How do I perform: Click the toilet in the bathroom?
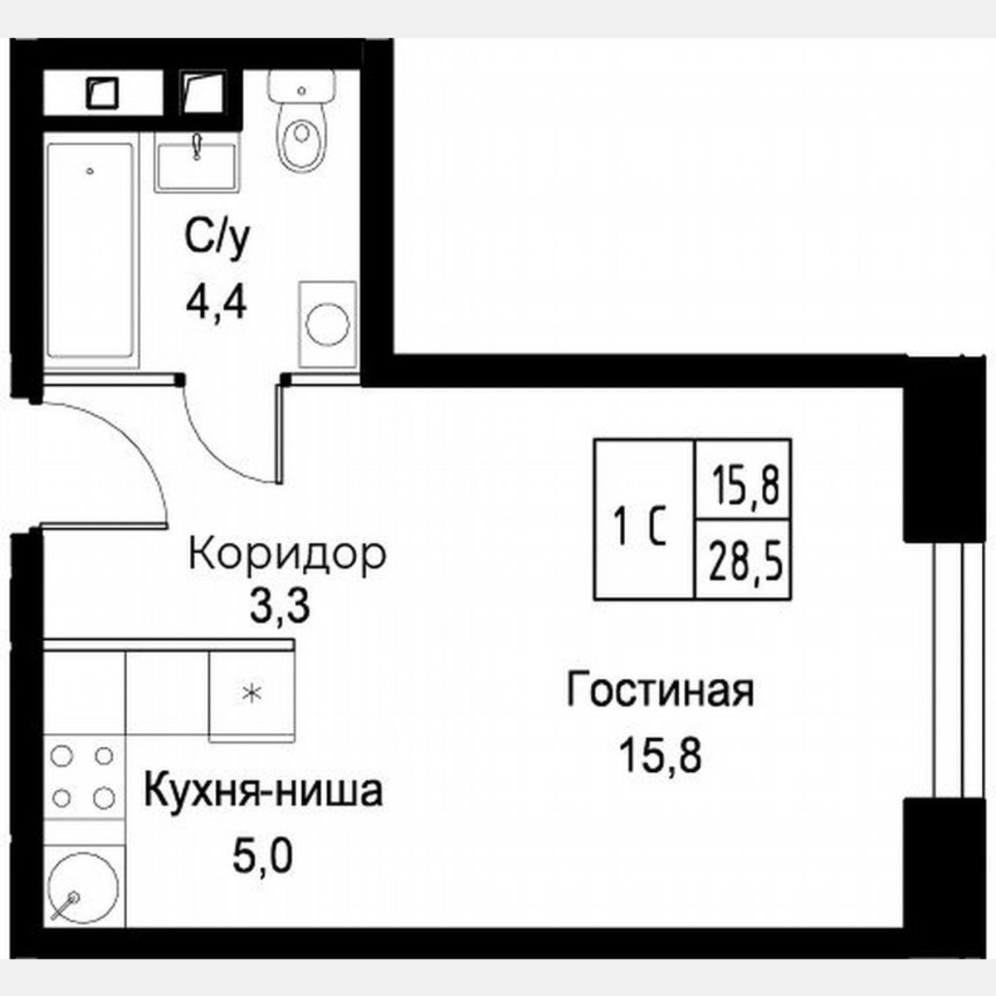[x=300, y=124]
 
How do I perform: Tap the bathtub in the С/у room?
[x=90, y=253]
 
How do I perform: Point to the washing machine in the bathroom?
[x=327, y=324]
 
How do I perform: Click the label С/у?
[x=216, y=241]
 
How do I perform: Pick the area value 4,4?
[x=216, y=305]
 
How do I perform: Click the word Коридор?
[x=287, y=554]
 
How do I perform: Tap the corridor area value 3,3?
[x=280, y=608]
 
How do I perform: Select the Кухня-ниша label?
[x=263, y=791]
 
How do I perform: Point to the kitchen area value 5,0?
[x=262, y=857]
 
